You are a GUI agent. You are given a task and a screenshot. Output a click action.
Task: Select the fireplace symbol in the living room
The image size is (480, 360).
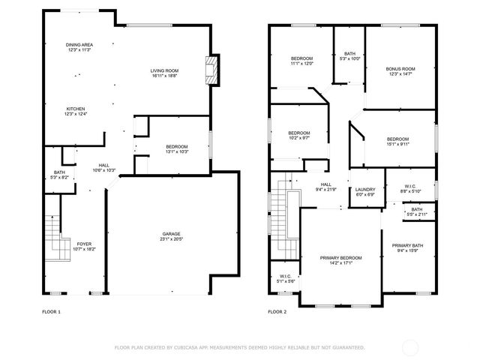[x=211, y=70]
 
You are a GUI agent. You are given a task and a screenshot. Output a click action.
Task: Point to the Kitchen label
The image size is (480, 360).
[x=76, y=108]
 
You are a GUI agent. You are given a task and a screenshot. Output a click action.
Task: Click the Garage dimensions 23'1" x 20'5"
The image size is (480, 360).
[x=171, y=238]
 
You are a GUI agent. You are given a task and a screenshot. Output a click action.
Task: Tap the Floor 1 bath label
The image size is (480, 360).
[x=59, y=174]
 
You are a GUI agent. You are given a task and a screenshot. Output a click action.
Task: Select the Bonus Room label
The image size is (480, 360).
[x=400, y=69]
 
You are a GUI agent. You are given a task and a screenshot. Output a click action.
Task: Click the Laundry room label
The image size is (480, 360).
[x=365, y=190]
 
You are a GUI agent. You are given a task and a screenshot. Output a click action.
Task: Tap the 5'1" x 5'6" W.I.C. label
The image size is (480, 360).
[x=286, y=277]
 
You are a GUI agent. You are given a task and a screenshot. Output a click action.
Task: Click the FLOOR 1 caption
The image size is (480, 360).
[x=51, y=311]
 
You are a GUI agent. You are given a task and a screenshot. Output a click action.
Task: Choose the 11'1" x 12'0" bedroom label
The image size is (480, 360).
[x=301, y=58]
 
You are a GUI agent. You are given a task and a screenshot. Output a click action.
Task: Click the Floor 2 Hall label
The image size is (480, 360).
[x=325, y=184]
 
